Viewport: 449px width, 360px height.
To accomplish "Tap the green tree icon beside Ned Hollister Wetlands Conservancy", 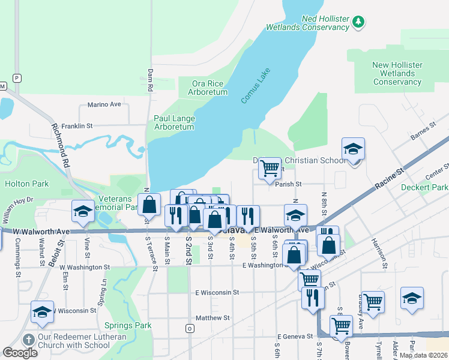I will (x=358, y=22).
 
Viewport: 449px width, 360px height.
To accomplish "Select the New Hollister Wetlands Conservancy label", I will (x=397, y=73).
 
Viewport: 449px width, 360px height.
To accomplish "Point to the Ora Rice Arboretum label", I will (x=209, y=88).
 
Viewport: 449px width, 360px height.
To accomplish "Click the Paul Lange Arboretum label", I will (x=174, y=122).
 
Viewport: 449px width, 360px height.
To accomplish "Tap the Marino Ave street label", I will (x=104, y=104).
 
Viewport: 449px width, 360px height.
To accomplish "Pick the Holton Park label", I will (x=26, y=184).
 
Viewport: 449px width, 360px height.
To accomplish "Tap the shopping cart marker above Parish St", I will (x=270, y=168).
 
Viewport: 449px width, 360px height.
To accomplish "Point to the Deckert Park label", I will (x=424, y=187).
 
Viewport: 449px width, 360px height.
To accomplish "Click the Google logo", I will (x=20, y=353).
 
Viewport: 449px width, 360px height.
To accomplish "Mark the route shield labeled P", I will (x=17, y=78).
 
